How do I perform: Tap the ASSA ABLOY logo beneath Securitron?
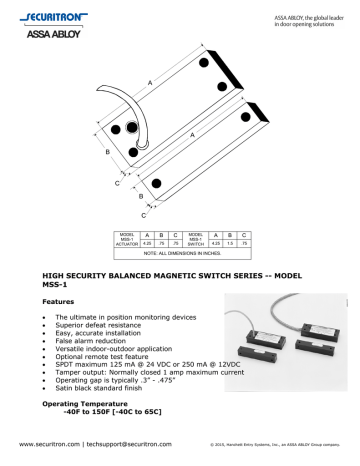point(41,32)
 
